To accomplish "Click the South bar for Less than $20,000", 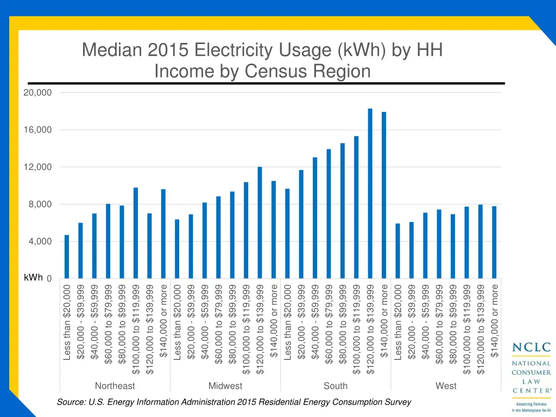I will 287,233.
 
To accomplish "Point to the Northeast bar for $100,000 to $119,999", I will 136,233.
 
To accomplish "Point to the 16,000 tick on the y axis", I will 37,130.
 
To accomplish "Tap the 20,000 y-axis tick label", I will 37,93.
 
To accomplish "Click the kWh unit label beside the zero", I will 33,277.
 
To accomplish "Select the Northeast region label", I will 115,386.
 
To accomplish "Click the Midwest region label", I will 225,386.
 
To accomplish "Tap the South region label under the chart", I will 336,386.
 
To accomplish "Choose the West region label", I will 446,386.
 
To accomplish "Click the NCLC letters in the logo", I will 532,347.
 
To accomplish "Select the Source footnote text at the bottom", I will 233,402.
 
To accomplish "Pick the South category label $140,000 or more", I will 384,321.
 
